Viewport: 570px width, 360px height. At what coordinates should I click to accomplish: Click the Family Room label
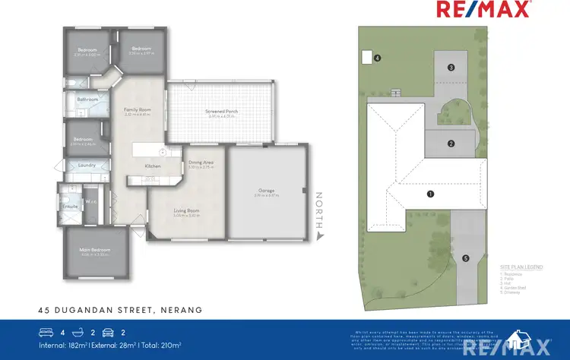[138, 110]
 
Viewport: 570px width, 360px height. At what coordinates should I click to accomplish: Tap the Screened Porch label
[221, 112]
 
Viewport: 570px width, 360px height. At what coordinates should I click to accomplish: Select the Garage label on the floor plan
[265, 191]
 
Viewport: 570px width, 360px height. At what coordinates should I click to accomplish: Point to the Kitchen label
[153, 166]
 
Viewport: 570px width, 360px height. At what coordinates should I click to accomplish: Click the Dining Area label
[201, 163]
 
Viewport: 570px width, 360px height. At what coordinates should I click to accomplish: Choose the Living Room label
[185, 211]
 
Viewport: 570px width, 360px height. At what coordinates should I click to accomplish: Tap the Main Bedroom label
[96, 250]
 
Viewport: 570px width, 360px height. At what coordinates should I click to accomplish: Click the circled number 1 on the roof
[430, 194]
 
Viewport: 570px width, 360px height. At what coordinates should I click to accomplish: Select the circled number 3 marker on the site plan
[451, 68]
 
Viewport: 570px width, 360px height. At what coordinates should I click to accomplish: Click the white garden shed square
[366, 56]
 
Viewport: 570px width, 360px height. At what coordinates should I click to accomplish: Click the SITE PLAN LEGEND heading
[521, 268]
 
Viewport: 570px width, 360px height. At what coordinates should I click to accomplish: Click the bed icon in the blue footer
[46, 332]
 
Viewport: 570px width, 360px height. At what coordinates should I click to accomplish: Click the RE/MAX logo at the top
[494, 10]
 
